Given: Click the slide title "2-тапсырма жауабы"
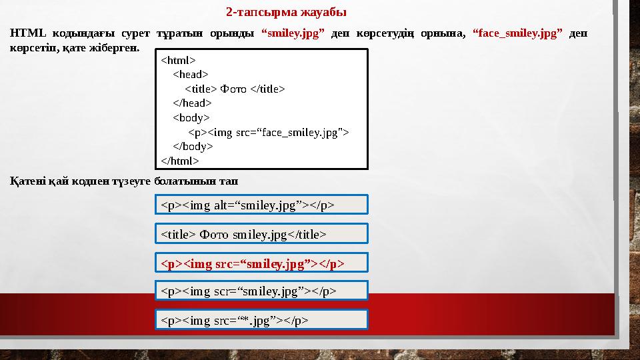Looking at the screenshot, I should click(286, 13).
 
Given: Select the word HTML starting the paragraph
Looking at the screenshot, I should click(25, 34).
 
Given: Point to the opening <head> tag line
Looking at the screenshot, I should click(190, 75).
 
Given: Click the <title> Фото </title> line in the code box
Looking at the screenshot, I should click(235, 89).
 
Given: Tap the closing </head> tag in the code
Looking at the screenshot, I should click(192, 103).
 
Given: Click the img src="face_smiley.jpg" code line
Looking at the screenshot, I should click(268, 132).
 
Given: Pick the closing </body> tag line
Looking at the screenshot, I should click(193, 146).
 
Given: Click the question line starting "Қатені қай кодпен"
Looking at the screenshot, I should click(125, 181).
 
